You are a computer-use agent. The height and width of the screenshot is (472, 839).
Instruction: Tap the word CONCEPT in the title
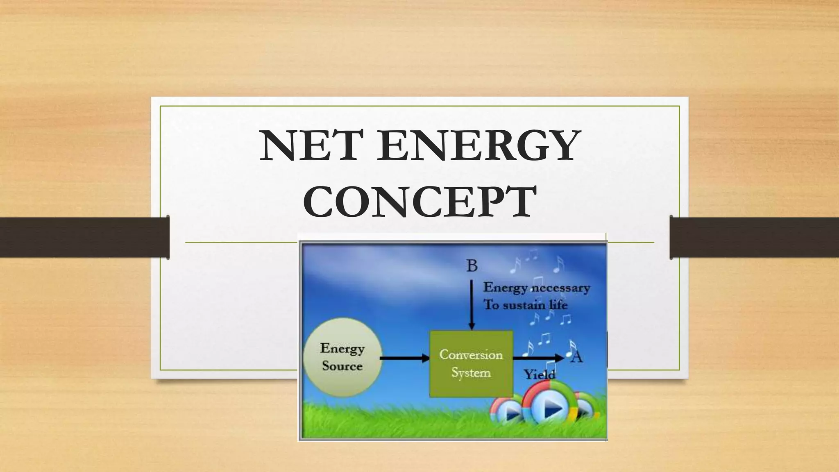point(420,202)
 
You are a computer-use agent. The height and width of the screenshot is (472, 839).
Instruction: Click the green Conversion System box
point(471,364)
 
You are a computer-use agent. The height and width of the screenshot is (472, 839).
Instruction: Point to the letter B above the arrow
point(472,266)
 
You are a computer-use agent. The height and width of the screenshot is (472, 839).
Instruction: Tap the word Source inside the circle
point(342,366)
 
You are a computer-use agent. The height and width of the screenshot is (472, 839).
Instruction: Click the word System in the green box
point(471,373)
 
